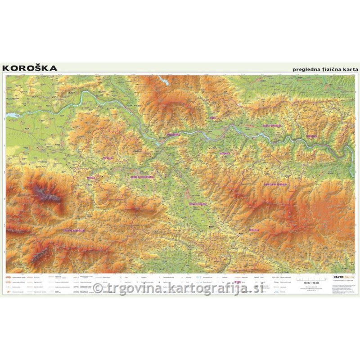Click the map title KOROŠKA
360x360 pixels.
pos(30,68)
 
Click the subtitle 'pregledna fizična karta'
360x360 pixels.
pos(324,69)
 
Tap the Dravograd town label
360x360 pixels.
pos(173,134)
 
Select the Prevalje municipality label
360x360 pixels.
pos(108,158)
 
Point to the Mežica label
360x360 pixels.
pos(91,177)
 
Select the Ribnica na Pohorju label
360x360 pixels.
pos(275,184)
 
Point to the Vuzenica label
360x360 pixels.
pos(225,153)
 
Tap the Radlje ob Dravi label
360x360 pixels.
pos(272,126)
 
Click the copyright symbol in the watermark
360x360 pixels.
pos(98,288)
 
